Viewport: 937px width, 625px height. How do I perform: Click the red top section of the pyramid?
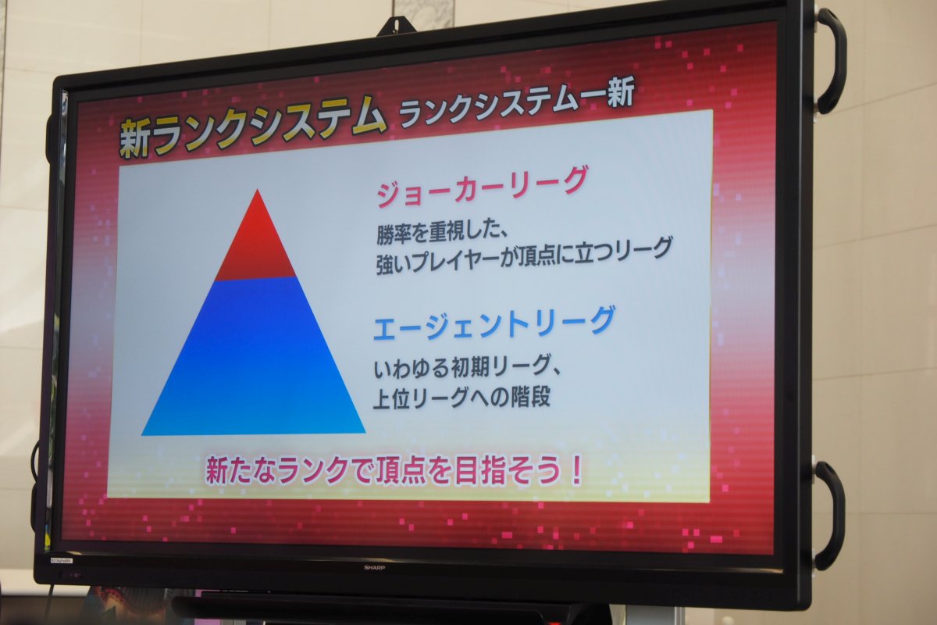[256, 243]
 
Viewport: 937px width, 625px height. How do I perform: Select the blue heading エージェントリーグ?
[494, 323]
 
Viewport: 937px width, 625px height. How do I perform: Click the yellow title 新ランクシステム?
[252, 126]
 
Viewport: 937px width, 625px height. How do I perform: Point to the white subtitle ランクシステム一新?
[517, 101]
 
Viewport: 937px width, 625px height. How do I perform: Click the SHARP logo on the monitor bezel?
[374, 568]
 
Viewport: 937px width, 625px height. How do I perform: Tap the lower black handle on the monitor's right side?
[829, 516]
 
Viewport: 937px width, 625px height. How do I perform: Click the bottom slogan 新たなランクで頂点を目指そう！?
[394, 470]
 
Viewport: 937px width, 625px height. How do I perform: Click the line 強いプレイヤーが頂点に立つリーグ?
[524, 255]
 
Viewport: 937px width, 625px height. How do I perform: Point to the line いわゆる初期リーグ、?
[467, 369]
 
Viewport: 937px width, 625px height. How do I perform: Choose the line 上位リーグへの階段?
[461, 398]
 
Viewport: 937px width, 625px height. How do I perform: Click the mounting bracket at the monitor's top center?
[397, 26]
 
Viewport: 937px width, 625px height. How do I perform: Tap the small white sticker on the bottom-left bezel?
[62, 559]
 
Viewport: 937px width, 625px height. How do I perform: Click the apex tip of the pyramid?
[257, 190]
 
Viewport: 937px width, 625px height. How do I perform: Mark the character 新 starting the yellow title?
[134, 138]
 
